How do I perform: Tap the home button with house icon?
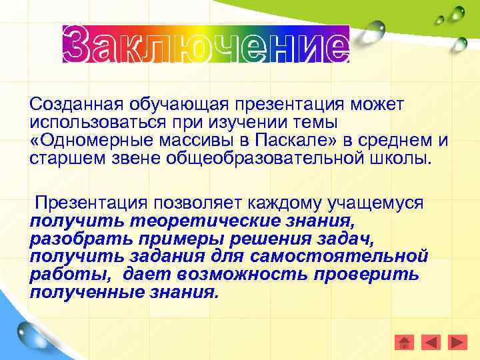[x=404, y=342]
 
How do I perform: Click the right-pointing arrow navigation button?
[x=457, y=342]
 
